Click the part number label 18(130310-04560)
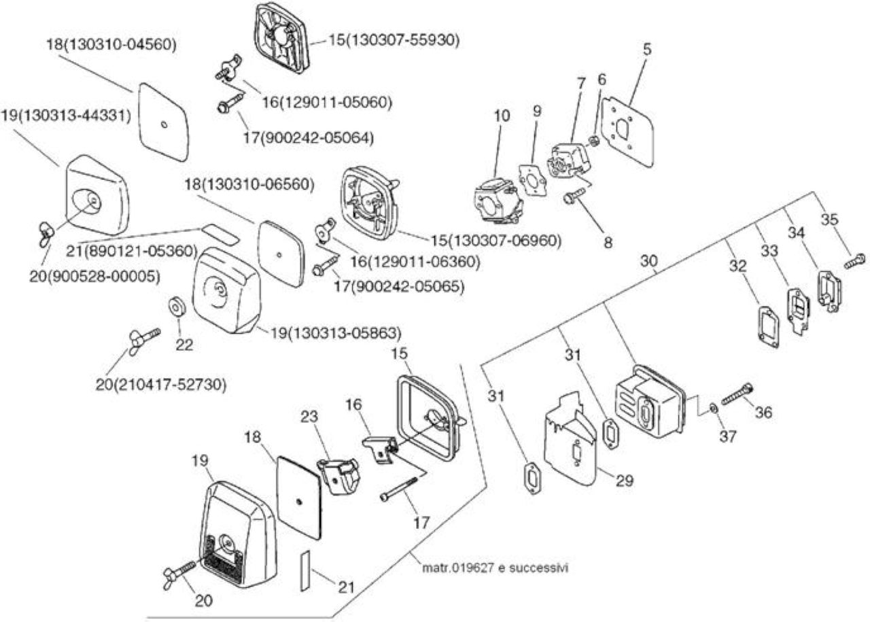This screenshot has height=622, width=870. (x=111, y=45)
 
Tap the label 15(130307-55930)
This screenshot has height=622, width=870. (x=394, y=39)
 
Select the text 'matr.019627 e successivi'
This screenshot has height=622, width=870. (x=495, y=568)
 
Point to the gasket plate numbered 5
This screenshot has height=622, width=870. (x=627, y=132)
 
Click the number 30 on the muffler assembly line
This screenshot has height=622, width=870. (x=648, y=261)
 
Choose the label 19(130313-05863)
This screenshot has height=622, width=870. (x=336, y=333)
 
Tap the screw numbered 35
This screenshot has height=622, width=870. (x=854, y=260)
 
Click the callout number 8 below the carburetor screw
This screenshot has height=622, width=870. (x=608, y=243)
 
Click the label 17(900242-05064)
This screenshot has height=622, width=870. (x=309, y=137)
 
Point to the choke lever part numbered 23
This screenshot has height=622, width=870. (x=338, y=476)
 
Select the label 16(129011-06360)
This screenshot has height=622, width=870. (x=415, y=262)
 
